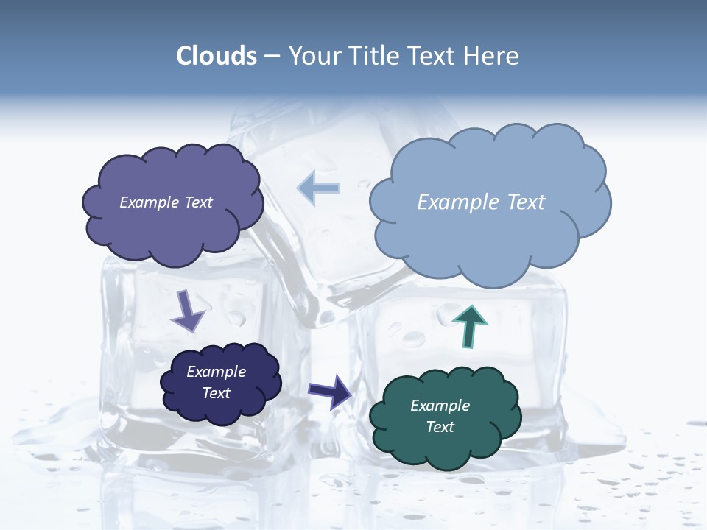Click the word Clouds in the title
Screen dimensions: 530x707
click(217, 56)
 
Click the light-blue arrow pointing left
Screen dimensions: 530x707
click(319, 188)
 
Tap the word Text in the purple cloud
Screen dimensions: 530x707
click(197, 202)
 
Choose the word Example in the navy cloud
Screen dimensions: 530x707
click(217, 372)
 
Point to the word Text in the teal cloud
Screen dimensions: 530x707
click(440, 427)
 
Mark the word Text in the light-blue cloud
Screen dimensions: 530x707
click(524, 202)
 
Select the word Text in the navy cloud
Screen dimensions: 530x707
click(217, 393)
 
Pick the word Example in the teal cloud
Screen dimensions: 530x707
click(440, 406)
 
